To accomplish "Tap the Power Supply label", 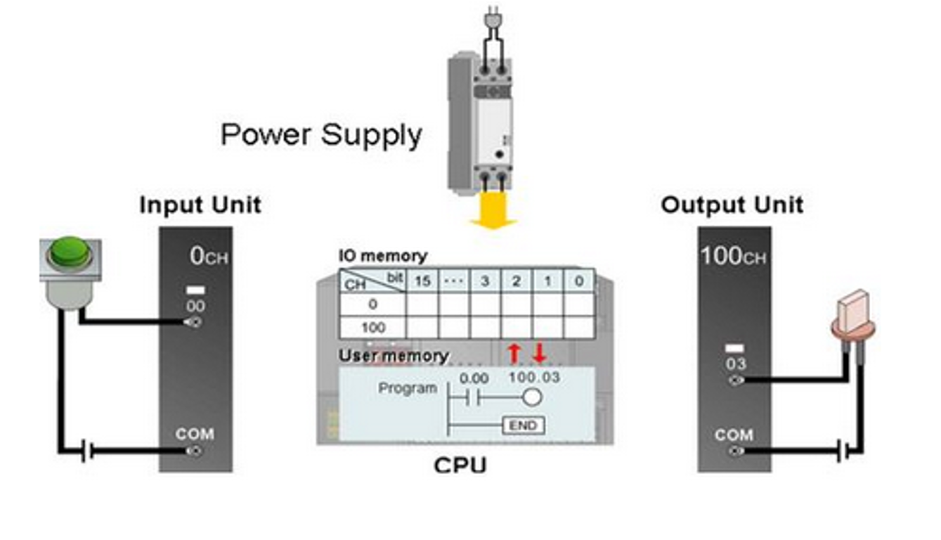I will (321, 134).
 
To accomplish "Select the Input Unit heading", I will (200, 205).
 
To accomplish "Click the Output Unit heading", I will (732, 205).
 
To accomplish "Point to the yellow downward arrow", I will (493, 212).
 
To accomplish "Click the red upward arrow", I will (514, 353).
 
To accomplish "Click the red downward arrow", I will (539, 353).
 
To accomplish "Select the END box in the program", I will (523, 425).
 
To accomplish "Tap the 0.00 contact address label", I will (474, 379).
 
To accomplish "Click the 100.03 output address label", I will (534, 378).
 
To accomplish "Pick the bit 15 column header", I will (422, 281).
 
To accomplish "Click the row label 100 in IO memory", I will (372, 328).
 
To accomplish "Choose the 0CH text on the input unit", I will (209, 257).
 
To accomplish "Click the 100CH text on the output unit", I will (733, 257).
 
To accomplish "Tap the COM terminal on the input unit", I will (194, 451).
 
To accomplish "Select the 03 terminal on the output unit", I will (736, 380).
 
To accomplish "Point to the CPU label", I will (460, 465).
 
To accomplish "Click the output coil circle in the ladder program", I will (532, 398).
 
